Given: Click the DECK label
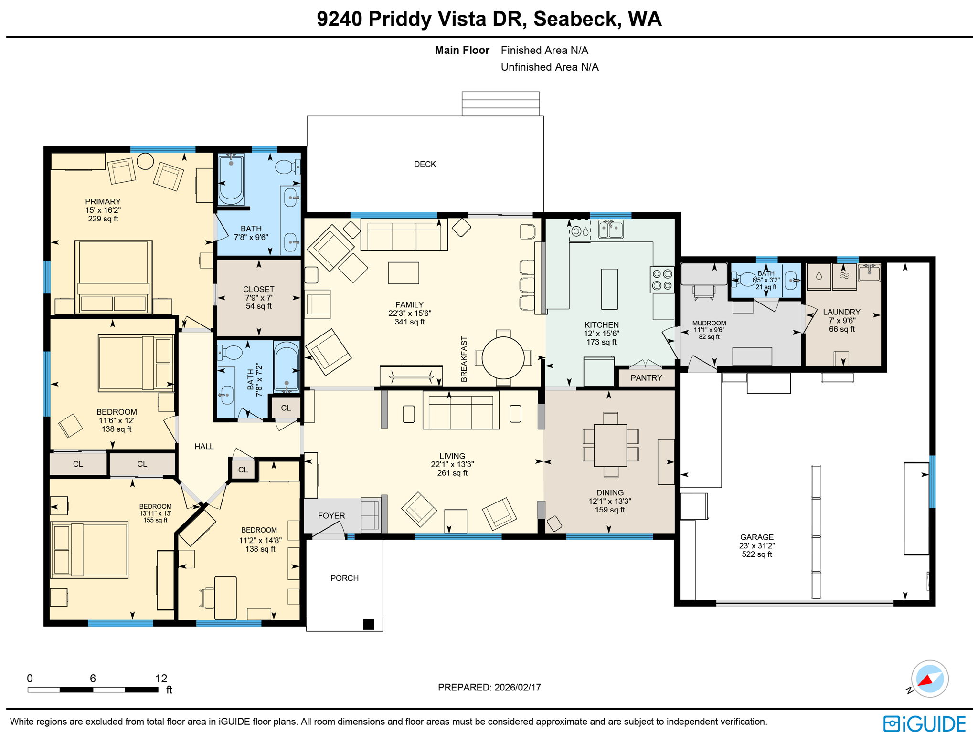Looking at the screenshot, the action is point(425,164).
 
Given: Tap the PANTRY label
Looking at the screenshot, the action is point(646,378).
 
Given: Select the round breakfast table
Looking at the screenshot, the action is point(503,357).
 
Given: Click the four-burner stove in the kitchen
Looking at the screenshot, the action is point(662,280).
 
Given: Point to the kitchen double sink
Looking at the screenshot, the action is point(611,229).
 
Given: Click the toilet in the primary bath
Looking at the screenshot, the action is point(287,167).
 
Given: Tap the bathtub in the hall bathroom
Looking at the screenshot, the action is point(287,366).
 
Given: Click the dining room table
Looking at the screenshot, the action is point(610,445).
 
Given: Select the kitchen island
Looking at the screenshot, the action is point(609,289).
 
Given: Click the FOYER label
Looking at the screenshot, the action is point(331,516).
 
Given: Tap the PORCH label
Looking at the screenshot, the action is point(344,578).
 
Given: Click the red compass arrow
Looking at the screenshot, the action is point(926,680).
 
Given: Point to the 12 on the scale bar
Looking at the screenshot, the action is point(161,678).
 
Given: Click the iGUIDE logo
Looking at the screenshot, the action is point(925,723).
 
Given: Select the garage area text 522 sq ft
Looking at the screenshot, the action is point(757,554).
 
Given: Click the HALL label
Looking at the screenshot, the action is point(204,447).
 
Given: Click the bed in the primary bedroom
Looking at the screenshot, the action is point(114,277).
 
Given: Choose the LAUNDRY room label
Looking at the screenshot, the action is point(841,312).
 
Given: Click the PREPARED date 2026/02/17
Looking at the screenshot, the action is point(518,688).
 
